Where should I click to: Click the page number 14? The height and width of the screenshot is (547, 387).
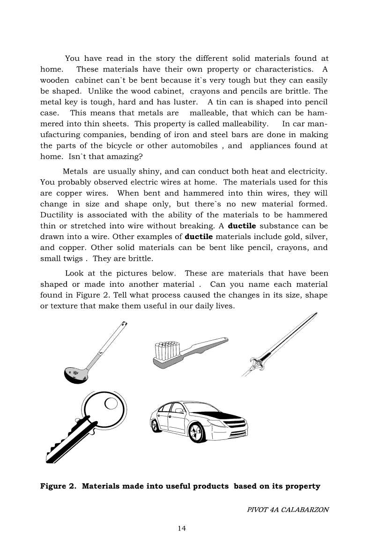pyautogui.click(x=182, y=528)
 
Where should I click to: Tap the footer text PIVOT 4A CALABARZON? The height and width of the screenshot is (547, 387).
pyautogui.click(x=288, y=510)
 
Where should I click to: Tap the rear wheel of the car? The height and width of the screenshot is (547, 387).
pyautogui.click(x=154, y=426)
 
